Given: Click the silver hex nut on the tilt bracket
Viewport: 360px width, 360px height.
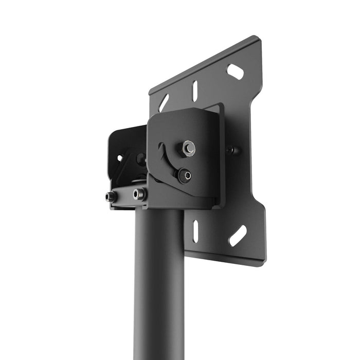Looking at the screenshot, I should [x=188, y=148].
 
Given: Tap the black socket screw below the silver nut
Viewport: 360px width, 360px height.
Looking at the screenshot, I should [x=185, y=175].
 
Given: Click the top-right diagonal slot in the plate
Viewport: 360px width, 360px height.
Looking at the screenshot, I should [x=235, y=71].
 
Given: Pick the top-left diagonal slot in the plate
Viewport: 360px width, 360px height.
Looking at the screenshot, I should [x=164, y=102].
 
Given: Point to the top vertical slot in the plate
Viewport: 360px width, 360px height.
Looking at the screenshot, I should [x=195, y=92].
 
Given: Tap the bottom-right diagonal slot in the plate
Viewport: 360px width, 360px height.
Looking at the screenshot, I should [x=237, y=236].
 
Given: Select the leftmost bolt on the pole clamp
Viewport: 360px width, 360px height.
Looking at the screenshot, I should [x=110, y=196].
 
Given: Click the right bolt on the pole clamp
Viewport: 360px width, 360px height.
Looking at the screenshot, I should [x=138, y=194].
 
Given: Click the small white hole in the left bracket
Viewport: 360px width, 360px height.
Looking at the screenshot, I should [x=120, y=158].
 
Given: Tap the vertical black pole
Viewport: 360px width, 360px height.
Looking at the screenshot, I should [x=158, y=288].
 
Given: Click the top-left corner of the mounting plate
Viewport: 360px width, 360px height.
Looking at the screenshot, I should [x=151, y=94].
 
